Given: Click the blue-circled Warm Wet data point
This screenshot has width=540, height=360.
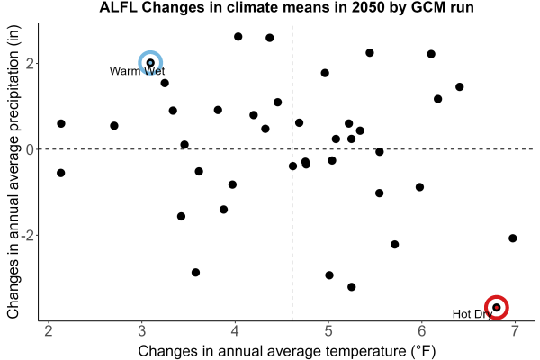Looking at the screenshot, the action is [x=150, y=63].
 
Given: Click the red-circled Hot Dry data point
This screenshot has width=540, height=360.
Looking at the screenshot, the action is [x=496, y=307].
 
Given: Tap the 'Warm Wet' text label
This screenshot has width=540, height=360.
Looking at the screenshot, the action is [x=137, y=71].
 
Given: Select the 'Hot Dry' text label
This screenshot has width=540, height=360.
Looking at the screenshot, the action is [x=472, y=314].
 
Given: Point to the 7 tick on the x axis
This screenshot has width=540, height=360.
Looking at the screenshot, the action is [x=515, y=331].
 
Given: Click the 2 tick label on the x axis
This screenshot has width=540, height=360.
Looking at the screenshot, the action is [x=49, y=331].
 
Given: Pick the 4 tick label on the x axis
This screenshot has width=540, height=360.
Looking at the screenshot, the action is [x=235, y=331].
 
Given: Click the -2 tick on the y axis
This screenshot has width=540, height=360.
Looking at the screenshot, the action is [x=28, y=236].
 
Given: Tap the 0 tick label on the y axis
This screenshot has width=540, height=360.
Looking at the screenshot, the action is [x=31, y=149].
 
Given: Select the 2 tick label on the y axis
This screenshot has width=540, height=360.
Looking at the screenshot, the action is [x=31, y=64].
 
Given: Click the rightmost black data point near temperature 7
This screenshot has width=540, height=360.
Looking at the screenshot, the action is [x=512, y=238].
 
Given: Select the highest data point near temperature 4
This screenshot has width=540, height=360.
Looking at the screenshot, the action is [x=238, y=37].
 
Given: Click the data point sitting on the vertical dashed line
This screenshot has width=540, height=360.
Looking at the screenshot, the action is [x=292, y=166].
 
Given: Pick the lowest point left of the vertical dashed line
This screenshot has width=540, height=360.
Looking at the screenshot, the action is [x=195, y=273].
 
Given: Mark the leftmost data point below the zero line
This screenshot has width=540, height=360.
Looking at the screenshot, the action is [x=60, y=173].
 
